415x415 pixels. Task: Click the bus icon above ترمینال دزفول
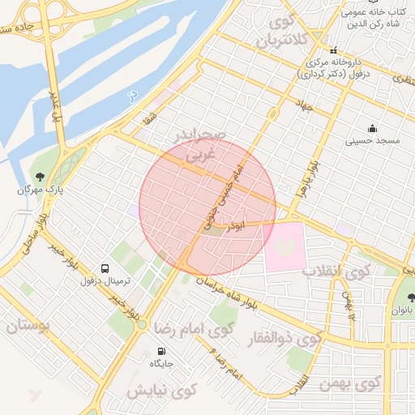pos(104,268)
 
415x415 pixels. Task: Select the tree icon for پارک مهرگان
pos(37,178)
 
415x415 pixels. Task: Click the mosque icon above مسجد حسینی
pos(371,128)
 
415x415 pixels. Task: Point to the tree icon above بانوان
pos(412,297)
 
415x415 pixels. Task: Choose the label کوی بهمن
pos(357,383)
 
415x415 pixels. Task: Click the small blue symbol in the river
pos(131,96)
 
